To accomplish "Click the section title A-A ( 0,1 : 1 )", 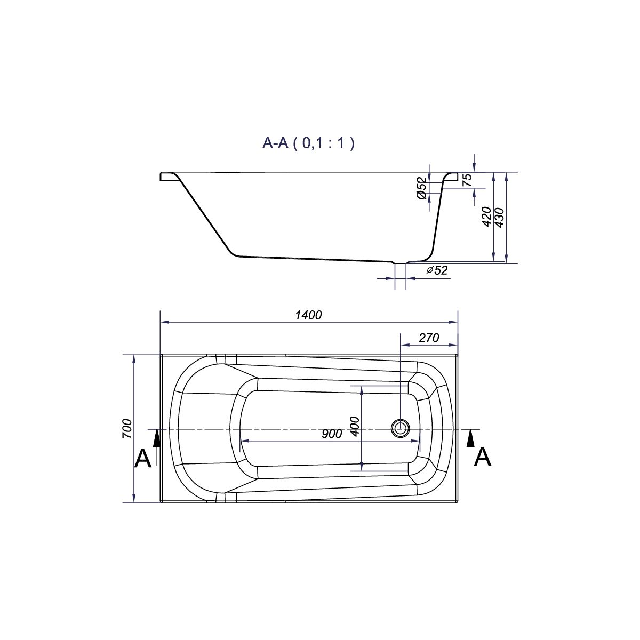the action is pyautogui.click(x=308, y=143).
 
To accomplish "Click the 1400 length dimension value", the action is pyautogui.click(x=309, y=315).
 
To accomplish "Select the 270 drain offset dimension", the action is pyautogui.click(x=429, y=338).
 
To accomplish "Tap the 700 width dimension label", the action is pyautogui.click(x=127, y=428).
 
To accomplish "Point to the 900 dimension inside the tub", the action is pyautogui.click(x=332, y=434).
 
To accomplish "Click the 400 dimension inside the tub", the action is pyautogui.click(x=355, y=427).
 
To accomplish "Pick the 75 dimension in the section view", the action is pyautogui.click(x=467, y=180).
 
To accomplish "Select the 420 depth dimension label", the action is pyautogui.click(x=486, y=217).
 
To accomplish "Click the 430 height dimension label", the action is pyautogui.click(x=499, y=218).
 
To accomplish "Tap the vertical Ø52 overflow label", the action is pyautogui.click(x=421, y=188).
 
